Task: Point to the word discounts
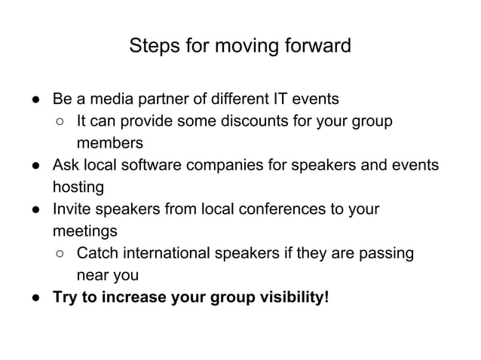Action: (249, 121)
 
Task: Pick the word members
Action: (109, 143)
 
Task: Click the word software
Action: (151, 165)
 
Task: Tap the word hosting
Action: (78, 187)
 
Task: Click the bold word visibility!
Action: (292, 296)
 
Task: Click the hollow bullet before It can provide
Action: (60, 121)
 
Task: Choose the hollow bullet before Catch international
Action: (60, 252)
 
